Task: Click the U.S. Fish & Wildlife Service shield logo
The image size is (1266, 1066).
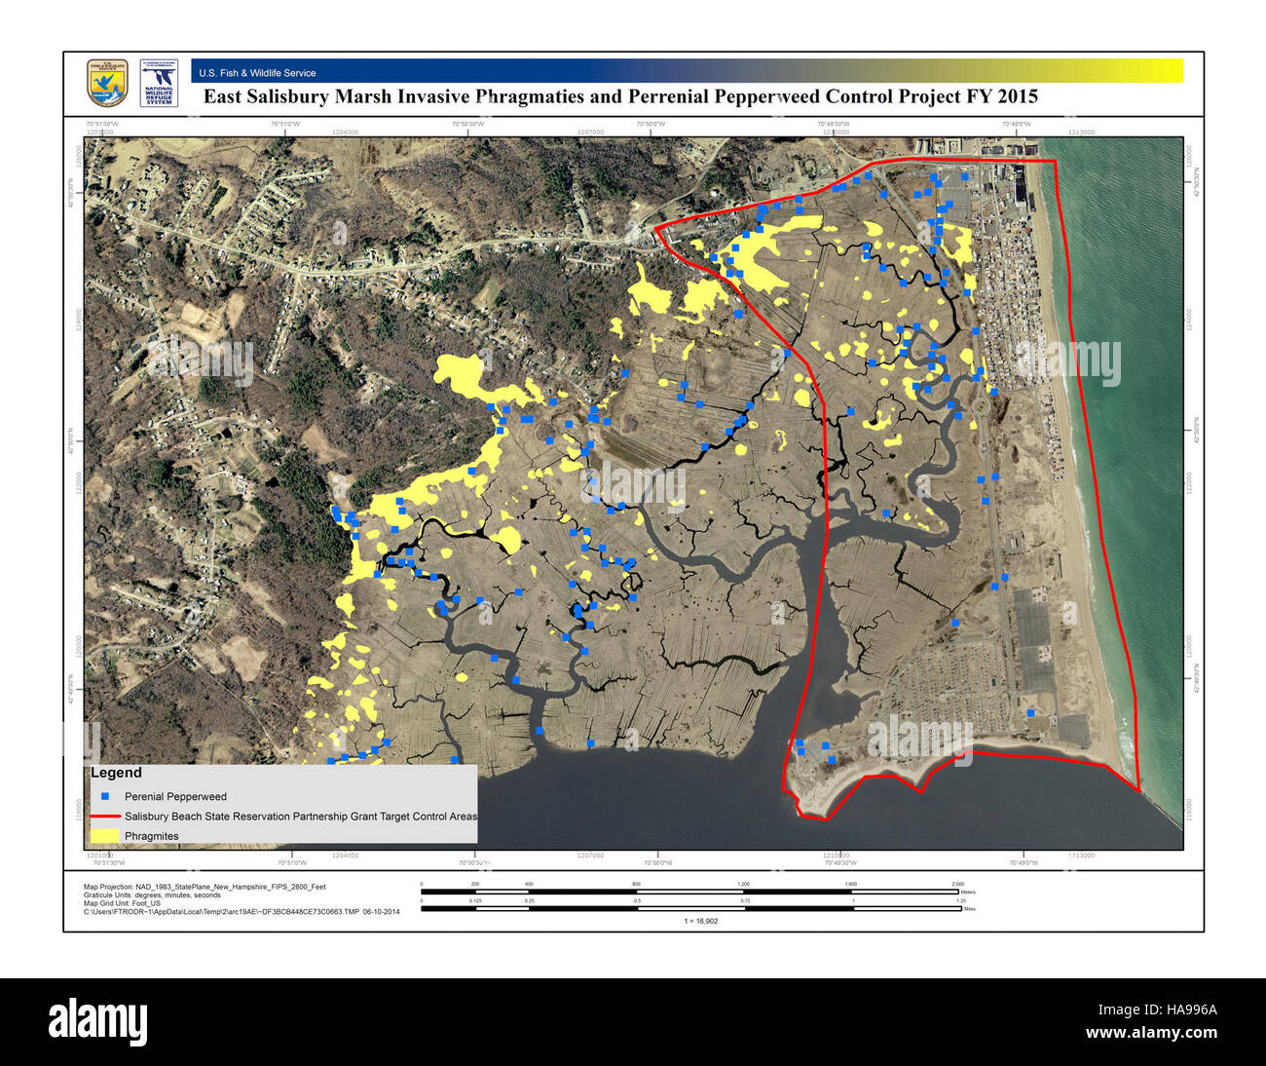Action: (x=107, y=84)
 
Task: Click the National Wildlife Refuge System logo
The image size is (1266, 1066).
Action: (x=158, y=84)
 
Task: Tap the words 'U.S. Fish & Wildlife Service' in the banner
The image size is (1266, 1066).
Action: (x=257, y=73)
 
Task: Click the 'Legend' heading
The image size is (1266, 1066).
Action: (x=116, y=773)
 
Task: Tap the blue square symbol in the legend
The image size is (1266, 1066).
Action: (x=104, y=796)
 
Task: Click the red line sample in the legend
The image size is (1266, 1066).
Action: (x=104, y=816)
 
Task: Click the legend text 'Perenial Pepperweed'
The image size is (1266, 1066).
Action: (x=175, y=796)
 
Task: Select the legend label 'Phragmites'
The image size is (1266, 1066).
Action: (x=152, y=836)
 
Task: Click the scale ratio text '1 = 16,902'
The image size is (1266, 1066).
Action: (x=700, y=921)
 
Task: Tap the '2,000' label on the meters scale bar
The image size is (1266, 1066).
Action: (x=958, y=884)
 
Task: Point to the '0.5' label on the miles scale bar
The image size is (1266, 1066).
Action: (x=637, y=900)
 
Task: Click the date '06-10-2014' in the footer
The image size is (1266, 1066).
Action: (x=381, y=912)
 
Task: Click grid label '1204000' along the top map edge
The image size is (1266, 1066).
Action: (x=345, y=132)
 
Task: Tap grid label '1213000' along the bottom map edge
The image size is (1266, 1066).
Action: (x=1080, y=856)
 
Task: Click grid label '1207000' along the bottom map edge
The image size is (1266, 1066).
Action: (x=590, y=856)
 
